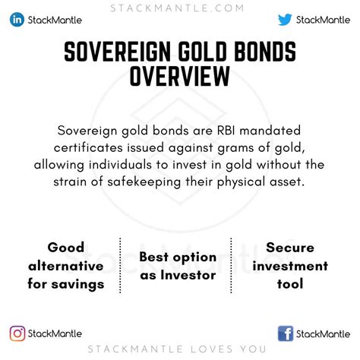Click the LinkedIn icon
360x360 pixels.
(x=17, y=21)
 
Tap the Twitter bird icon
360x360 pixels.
(x=285, y=21)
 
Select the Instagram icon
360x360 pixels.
(x=17, y=333)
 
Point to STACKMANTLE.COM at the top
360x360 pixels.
(x=180, y=8)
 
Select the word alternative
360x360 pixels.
(x=65, y=266)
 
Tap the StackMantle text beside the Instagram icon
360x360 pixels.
(x=55, y=333)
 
